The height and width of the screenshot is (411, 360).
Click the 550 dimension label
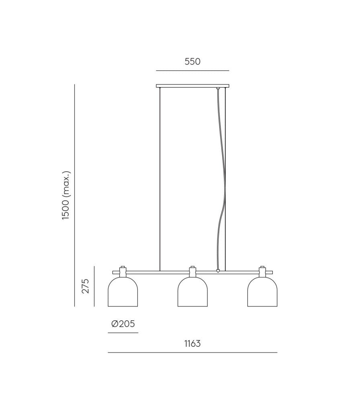192,62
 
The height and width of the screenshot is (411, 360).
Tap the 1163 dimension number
192,344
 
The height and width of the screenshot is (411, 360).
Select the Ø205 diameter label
123,324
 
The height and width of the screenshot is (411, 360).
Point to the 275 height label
85,286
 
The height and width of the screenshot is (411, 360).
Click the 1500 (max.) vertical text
66,195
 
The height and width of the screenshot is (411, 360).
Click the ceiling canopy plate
192,85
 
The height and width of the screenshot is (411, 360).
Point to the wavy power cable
220,181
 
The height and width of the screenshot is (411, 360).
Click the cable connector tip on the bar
218,271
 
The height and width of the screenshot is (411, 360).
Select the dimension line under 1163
192,352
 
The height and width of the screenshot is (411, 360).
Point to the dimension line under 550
192,71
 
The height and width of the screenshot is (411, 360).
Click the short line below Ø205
123,333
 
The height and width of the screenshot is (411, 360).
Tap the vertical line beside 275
94,286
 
